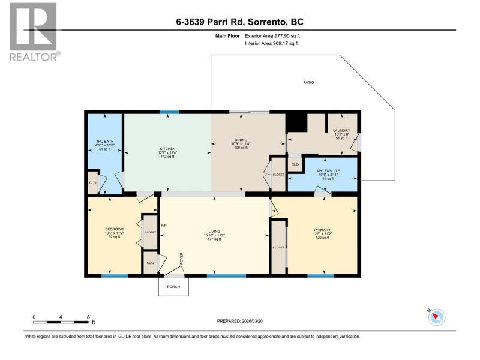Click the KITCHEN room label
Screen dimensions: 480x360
167,148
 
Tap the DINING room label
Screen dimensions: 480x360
241,140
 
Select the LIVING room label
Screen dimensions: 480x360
214,232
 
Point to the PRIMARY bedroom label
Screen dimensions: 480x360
322,230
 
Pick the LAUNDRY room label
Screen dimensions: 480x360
341,130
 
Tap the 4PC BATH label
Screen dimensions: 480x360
105,142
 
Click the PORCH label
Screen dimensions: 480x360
173,287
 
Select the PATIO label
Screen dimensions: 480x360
308,82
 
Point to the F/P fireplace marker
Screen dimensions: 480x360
164,226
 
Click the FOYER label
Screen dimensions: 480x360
182,259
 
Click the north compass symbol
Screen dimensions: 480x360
437,317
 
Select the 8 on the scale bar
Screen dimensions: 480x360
88,317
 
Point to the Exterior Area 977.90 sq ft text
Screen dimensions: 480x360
272,36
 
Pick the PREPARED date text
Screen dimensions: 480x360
240,321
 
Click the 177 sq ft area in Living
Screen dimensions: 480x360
214,239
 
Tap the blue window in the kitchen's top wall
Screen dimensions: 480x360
170,112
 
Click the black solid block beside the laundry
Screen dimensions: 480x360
296,123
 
